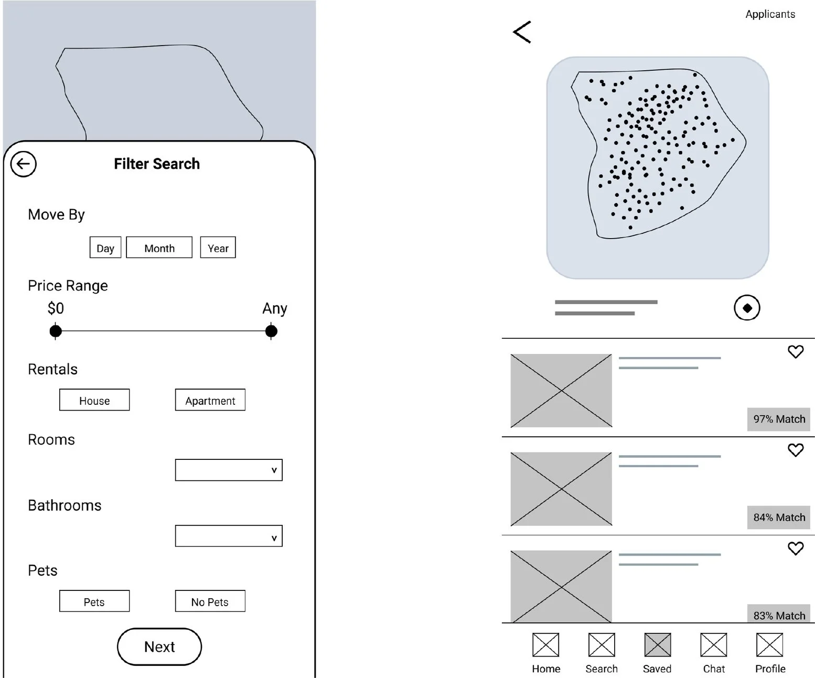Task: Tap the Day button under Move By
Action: click(105, 247)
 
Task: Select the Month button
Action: click(159, 247)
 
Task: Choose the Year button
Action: click(218, 247)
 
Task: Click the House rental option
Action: click(94, 400)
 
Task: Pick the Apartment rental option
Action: click(210, 400)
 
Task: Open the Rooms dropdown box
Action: click(229, 470)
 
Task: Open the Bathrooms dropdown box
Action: click(229, 536)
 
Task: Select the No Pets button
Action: click(210, 601)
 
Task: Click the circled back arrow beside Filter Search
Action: click(24, 164)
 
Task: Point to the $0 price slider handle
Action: click(56, 331)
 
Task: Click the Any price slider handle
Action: click(271, 331)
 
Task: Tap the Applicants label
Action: click(770, 14)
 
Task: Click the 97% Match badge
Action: click(778, 419)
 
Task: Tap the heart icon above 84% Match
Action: click(796, 450)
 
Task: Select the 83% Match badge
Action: click(778, 615)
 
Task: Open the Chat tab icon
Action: click(713, 645)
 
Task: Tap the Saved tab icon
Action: click(657, 645)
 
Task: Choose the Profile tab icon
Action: click(769, 645)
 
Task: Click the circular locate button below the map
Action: click(747, 308)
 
